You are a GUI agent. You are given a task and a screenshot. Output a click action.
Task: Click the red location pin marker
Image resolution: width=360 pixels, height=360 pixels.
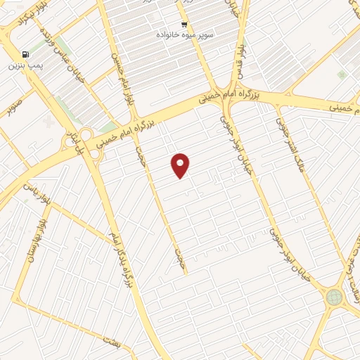(181, 166)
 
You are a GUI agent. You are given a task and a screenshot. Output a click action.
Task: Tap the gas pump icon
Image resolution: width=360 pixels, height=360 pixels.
(26, 55)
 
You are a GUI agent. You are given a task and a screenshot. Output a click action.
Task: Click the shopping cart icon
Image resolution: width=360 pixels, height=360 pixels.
(184, 23)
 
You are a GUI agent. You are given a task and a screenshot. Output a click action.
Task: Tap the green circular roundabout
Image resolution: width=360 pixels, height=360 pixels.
(333, 297)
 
